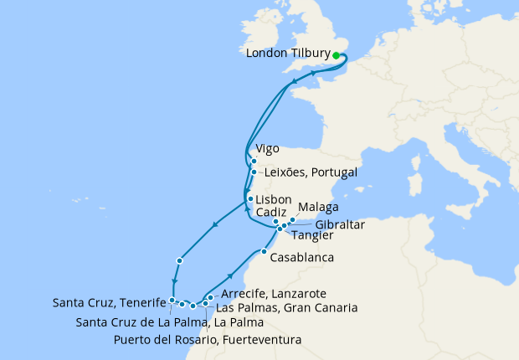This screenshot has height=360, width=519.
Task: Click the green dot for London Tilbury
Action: [x=337, y=55]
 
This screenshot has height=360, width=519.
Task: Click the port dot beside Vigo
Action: [x=254, y=161]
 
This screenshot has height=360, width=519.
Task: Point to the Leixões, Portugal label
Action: [x=311, y=172]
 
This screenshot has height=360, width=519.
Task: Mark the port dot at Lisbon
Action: [x=249, y=198]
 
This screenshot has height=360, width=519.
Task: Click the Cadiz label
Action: [x=272, y=213]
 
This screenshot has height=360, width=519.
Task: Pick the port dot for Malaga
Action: [x=292, y=220]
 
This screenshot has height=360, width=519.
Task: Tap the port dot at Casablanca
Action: [x=264, y=252]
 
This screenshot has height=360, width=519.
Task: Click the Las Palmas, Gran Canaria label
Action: [x=286, y=308]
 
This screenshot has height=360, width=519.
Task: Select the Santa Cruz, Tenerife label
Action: [x=106, y=302]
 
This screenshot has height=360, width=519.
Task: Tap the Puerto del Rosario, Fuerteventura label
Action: [x=207, y=339]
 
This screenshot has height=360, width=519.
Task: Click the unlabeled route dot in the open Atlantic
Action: [x=180, y=262]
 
